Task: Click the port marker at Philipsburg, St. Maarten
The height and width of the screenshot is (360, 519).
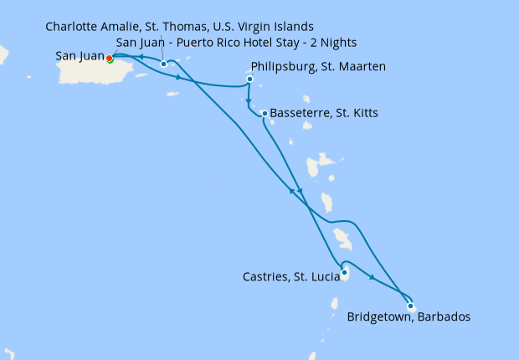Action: click(249, 80)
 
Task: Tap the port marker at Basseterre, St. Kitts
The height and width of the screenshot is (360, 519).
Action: click(265, 113)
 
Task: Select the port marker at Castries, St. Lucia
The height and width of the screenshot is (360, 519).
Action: click(344, 272)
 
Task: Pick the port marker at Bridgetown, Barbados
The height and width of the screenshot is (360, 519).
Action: click(410, 306)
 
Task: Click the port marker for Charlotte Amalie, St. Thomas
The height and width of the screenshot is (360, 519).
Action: click(163, 64)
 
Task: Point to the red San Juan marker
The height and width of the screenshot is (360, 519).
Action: click(109, 58)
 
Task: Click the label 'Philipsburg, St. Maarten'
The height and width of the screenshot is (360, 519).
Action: click(318, 67)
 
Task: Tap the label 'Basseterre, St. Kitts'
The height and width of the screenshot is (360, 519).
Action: click(325, 113)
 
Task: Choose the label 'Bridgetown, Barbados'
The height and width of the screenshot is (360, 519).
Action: click(409, 317)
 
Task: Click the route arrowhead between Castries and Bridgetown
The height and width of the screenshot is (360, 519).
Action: click(371, 280)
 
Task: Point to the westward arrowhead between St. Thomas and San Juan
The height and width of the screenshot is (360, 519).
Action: click(141, 58)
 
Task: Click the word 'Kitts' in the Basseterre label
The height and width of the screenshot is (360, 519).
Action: click(362, 113)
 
